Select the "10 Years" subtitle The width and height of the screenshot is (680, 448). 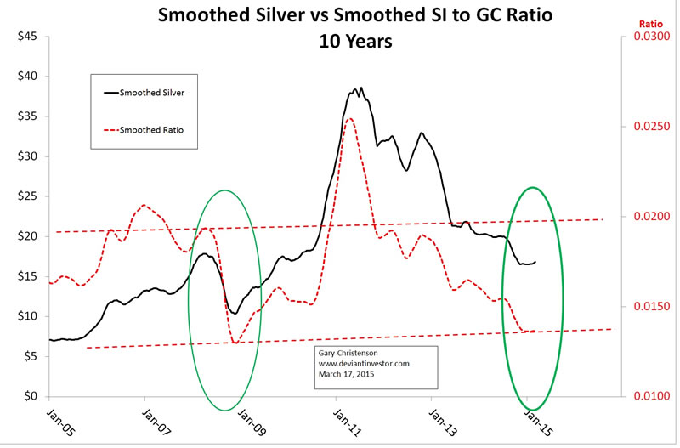[x=344, y=41]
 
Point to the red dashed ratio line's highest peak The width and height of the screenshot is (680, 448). [x=350, y=118]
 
